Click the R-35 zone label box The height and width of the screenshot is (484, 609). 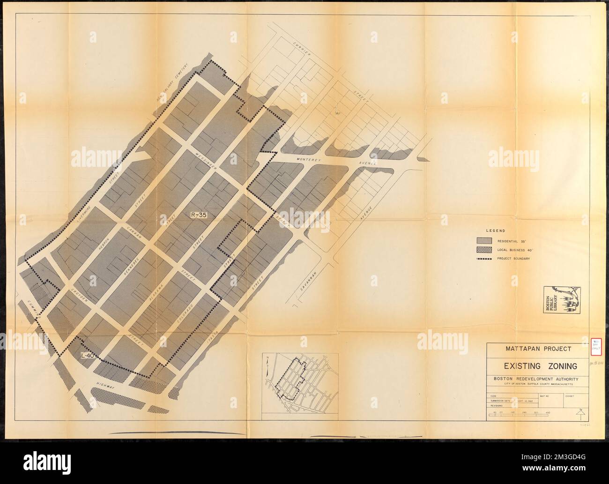click(x=199, y=215)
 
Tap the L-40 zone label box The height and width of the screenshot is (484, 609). click(x=89, y=355)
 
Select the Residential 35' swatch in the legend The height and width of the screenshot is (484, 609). click(x=483, y=240)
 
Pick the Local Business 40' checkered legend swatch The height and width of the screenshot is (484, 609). click(x=483, y=249)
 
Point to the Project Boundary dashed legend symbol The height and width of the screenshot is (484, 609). click(x=483, y=259)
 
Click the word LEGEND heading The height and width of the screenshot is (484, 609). click(x=496, y=231)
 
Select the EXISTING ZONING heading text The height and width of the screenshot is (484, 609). click(x=534, y=365)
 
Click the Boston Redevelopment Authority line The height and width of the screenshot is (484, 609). click(x=534, y=379)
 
